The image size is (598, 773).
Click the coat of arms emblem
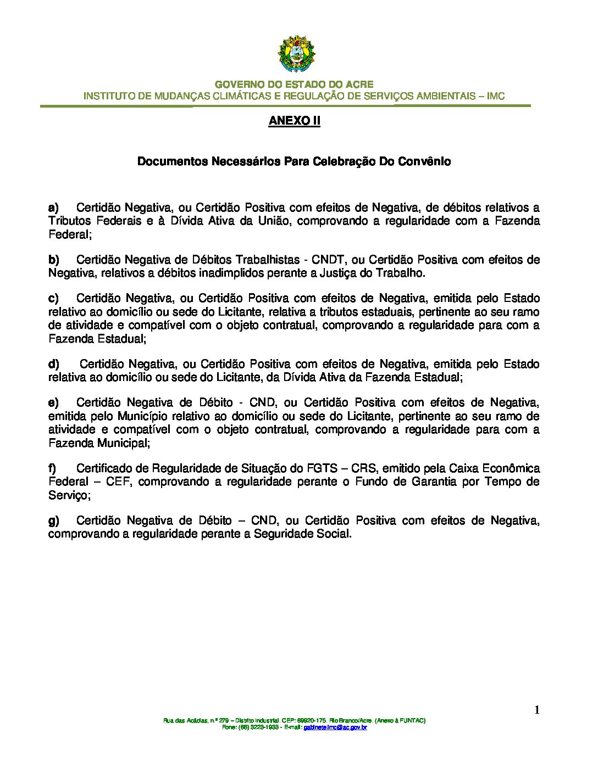tap(297, 54)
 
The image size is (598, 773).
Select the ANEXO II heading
tap(294, 121)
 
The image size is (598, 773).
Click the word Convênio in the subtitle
tap(428, 161)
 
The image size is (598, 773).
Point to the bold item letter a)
tap(53, 208)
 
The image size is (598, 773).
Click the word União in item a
tap(276, 221)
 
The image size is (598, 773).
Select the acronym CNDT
tap(328, 260)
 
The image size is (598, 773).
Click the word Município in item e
tap(145, 416)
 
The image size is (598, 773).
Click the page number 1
tap(536, 710)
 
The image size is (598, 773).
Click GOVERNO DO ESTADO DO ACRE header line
tap(294, 85)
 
